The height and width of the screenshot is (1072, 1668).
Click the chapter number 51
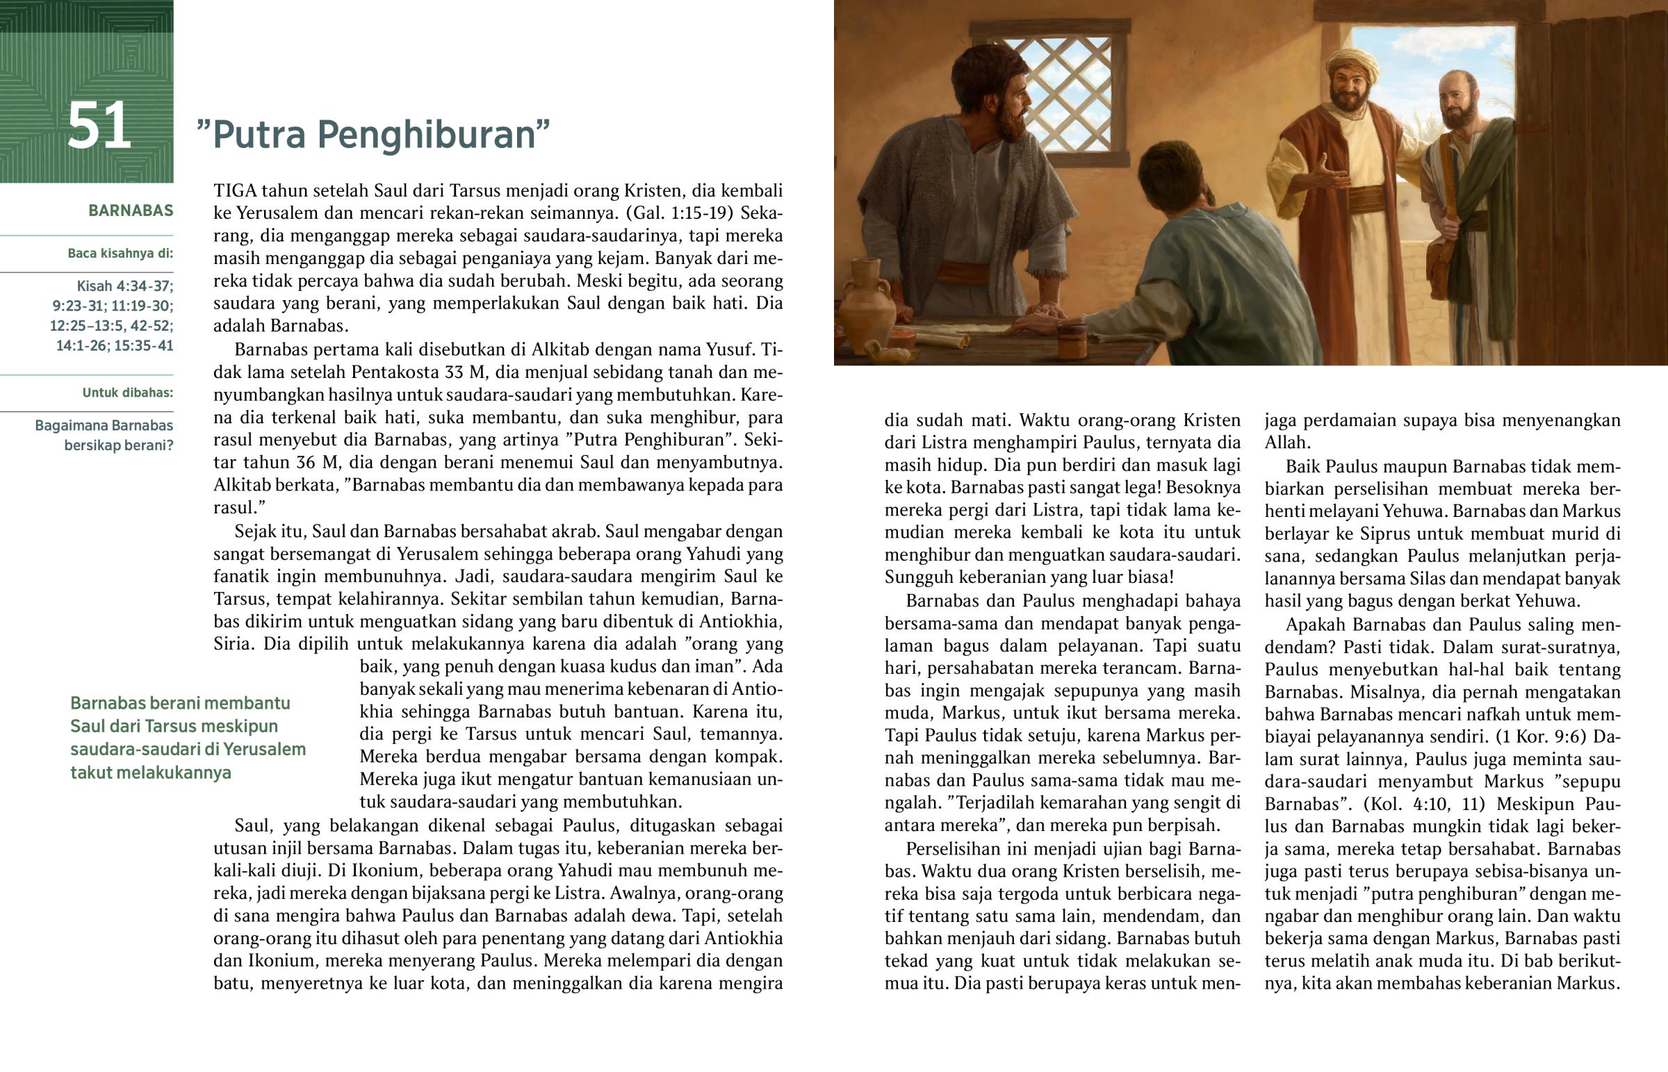(x=99, y=125)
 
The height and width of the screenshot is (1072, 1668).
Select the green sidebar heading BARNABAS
(x=130, y=211)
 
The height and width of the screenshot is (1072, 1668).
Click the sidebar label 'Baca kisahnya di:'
(x=120, y=254)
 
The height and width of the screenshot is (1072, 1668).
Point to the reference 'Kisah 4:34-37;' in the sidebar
(x=124, y=286)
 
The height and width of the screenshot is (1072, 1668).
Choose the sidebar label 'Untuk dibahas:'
(x=127, y=393)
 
